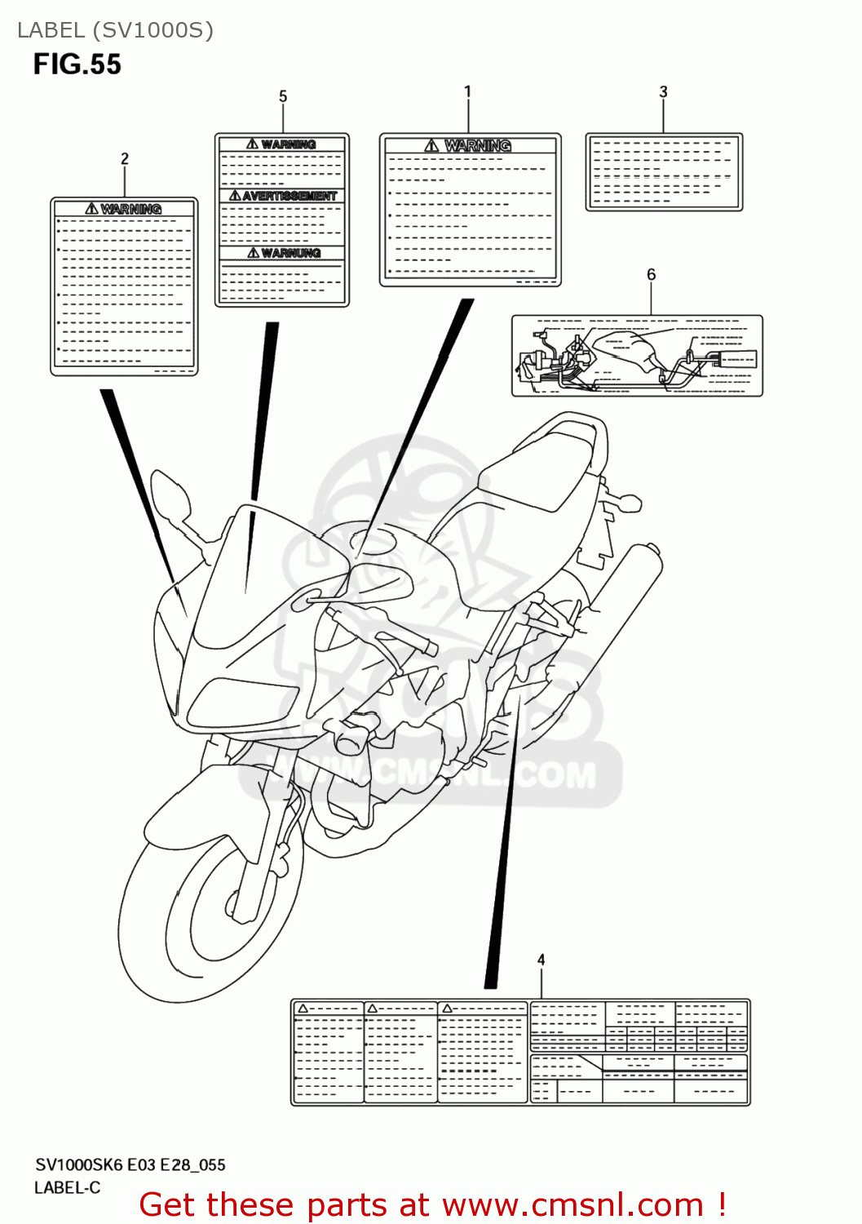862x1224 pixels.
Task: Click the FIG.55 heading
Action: coord(77,64)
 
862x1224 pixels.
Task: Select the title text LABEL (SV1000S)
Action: coord(115,30)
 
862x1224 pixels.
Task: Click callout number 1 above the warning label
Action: coord(467,91)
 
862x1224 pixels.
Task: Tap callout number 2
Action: coord(125,158)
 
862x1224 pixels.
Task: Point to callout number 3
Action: coord(663,92)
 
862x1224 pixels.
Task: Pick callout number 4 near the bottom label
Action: coord(541,960)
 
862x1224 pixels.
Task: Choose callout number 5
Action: coord(283,96)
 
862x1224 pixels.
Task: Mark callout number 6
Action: coord(651,274)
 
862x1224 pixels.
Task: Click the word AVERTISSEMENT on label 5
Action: coord(289,197)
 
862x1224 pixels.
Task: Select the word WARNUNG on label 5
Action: coord(290,253)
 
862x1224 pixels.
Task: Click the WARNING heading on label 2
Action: coord(130,209)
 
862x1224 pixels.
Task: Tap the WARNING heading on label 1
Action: coord(477,145)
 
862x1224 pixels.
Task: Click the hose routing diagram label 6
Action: coord(637,357)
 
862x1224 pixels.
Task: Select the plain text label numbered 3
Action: coord(664,172)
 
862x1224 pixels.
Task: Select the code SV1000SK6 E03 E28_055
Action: coord(130,1164)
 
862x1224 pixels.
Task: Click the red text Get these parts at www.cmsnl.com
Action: coord(432,1204)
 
